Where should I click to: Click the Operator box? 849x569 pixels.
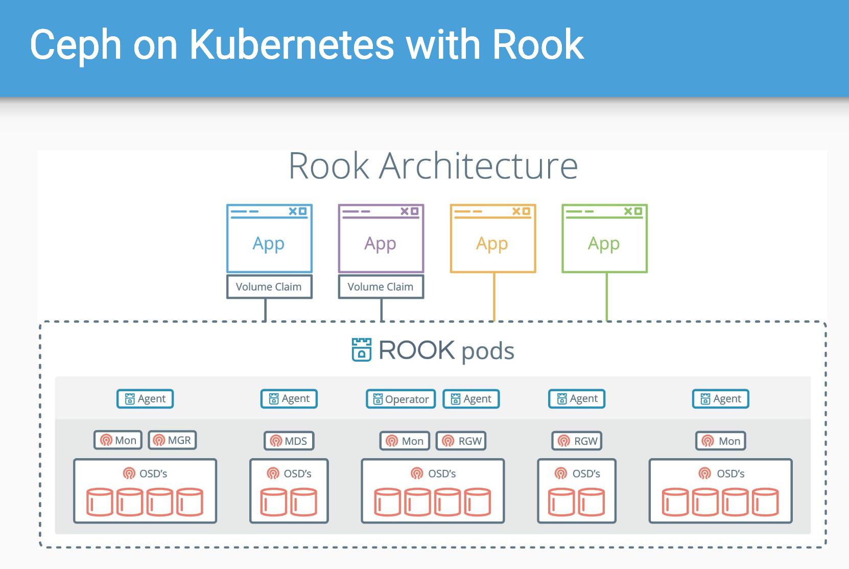click(401, 399)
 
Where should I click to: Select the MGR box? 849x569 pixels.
click(173, 440)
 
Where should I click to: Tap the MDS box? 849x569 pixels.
click(289, 441)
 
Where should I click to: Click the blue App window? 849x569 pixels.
click(269, 239)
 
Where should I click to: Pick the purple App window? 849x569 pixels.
click(381, 239)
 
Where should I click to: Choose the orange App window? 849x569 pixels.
click(493, 239)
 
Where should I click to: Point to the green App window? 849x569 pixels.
click(605, 239)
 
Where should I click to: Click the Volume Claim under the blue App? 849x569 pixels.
click(269, 287)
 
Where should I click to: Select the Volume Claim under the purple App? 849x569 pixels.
click(381, 287)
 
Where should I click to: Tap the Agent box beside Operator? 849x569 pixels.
click(471, 399)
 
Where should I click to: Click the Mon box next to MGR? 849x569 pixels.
click(119, 440)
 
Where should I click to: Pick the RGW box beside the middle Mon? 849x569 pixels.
click(461, 441)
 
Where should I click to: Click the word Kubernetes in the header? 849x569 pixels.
click(292, 45)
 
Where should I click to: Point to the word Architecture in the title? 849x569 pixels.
click(479, 166)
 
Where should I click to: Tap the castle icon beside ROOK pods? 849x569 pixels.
click(362, 350)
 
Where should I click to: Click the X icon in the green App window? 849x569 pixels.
click(628, 211)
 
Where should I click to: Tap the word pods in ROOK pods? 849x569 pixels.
click(488, 351)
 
